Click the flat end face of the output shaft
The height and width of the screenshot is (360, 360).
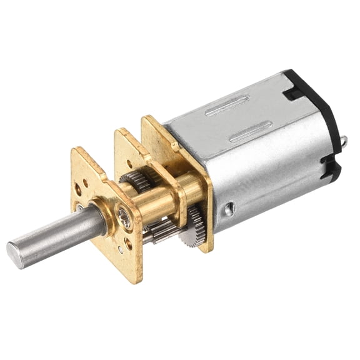point(15,254)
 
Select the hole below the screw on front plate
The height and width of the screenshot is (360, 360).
point(129,240)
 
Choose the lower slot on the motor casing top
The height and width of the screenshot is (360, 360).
point(249,133)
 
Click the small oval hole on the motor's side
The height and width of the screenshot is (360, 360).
point(230,208)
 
